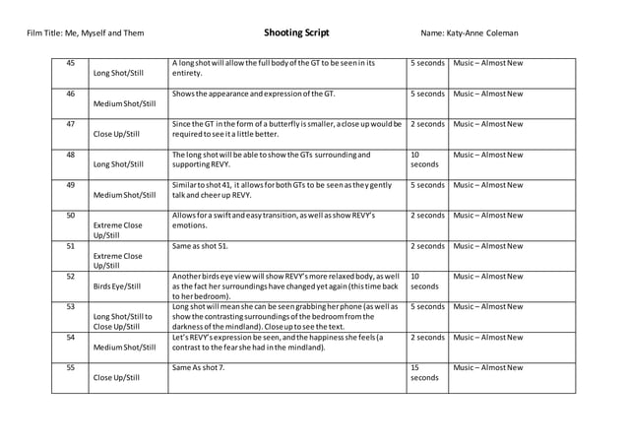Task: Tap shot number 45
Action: point(70,63)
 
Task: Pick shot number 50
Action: point(70,216)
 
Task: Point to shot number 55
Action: point(70,368)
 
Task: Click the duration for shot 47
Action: point(427,124)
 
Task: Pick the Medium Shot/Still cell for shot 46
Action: point(124,103)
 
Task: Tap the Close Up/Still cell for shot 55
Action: point(116,377)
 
